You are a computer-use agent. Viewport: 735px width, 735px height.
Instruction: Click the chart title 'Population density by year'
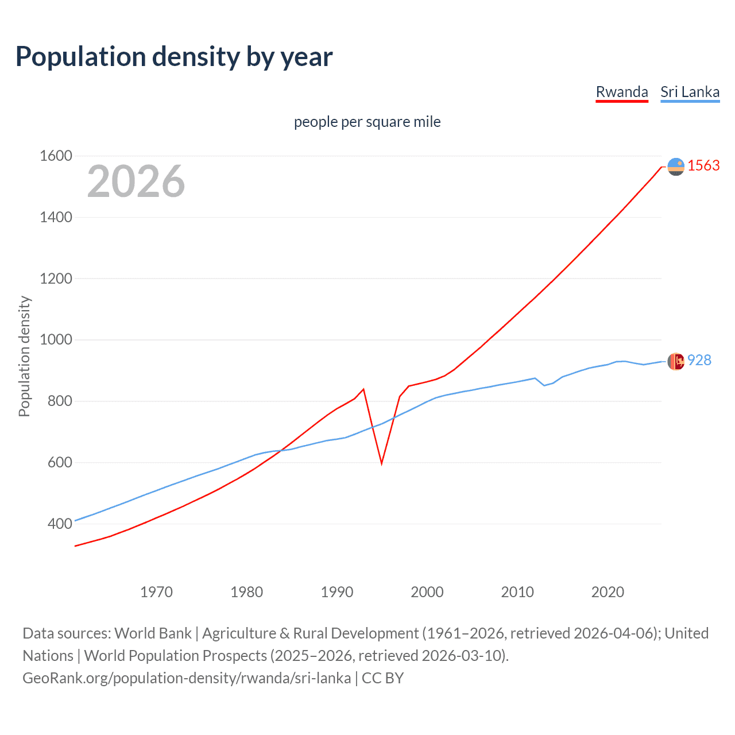click(174, 57)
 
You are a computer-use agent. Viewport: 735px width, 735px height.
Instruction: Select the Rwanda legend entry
click(622, 92)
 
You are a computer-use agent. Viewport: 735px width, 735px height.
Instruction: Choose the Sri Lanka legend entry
click(690, 92)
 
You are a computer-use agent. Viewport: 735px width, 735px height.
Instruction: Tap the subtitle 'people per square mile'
click(367, 122)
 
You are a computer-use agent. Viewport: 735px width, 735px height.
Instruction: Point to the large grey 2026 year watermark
click(136, 181)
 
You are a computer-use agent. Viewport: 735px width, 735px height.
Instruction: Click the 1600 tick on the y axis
click(56, 156)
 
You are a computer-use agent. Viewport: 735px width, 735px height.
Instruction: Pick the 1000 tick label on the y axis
click(56, 339)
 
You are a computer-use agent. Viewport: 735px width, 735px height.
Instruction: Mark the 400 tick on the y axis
click(60, 524)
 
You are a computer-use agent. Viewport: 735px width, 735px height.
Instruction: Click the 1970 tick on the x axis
click(156, 592)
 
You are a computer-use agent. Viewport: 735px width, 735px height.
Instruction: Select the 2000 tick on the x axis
click(427, 592)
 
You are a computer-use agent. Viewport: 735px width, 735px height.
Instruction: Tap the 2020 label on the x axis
click(608, 592)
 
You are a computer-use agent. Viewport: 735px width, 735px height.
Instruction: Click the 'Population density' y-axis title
click(24, 356)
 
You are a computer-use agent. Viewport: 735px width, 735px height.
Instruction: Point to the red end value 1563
click(703, 165)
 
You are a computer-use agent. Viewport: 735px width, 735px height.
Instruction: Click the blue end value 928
click(699, 360)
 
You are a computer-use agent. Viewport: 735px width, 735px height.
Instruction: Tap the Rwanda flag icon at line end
click(676, 167)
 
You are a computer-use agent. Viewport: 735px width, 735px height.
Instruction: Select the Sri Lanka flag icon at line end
click(676, 361)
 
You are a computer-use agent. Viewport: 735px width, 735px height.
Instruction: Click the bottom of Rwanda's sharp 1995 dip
click(381, 463)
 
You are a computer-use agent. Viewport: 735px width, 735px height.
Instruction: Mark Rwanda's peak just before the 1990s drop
click(363, 389)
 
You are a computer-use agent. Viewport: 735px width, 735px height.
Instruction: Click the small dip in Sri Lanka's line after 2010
click(544, 385)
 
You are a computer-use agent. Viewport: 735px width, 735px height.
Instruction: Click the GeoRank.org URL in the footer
click(187, 678)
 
